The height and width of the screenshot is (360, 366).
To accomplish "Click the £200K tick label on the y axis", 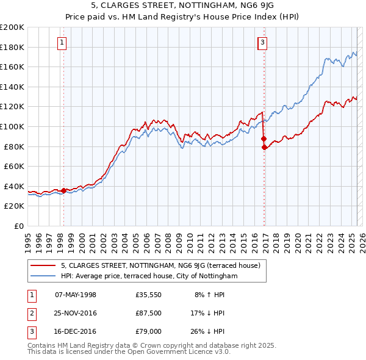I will [12, 27].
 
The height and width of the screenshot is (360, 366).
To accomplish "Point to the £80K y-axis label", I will [14, 146].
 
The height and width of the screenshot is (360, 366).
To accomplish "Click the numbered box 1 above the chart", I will [63, 42].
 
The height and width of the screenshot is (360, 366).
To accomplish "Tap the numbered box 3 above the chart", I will [262, 42].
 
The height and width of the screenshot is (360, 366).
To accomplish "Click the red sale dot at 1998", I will [63, 191].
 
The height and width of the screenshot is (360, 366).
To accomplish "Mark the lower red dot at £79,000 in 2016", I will [264, 148].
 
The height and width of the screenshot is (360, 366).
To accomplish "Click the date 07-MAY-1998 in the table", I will [76, 295].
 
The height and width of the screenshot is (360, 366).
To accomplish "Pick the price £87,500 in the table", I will [148, 313].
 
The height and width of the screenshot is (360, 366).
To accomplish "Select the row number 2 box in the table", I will [31, 313].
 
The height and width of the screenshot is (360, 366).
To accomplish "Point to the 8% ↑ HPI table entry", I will [209, 295].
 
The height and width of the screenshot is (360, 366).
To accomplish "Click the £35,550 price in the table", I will [148, 295].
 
